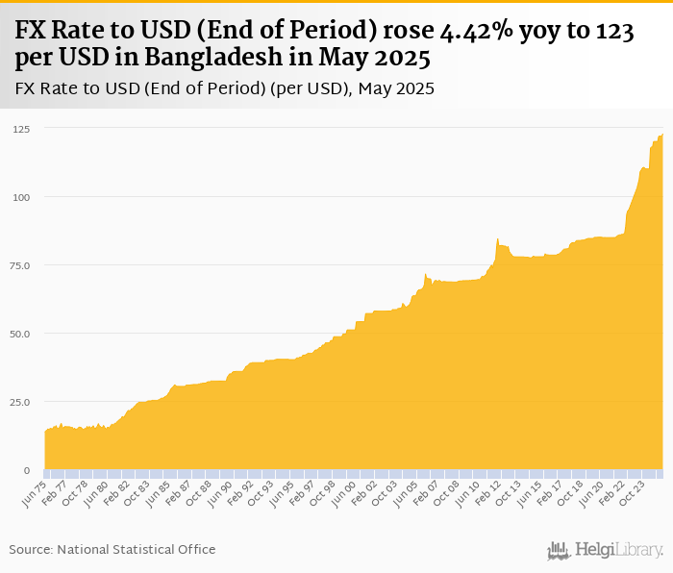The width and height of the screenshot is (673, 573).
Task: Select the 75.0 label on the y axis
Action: [20, 265]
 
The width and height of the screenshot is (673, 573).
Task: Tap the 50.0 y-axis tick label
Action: [20, 334]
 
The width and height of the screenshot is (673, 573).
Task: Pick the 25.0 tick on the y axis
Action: [20, 402]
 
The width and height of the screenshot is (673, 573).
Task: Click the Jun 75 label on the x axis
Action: [35, 493]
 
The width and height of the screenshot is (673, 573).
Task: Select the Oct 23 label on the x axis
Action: [632, 493]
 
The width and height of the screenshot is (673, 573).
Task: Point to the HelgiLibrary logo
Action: [605, 550]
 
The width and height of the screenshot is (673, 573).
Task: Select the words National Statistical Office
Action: [137, 549]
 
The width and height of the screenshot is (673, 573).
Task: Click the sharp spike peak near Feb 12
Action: [497, 238]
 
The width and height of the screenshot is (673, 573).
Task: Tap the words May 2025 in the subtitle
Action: [396, 88]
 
